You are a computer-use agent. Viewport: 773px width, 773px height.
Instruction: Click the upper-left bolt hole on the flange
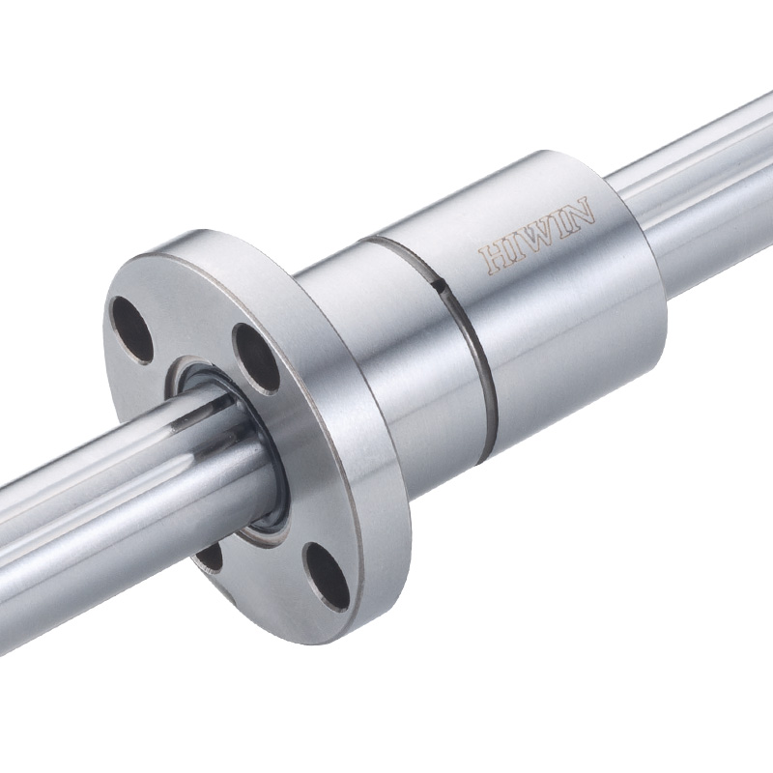pos(130,329)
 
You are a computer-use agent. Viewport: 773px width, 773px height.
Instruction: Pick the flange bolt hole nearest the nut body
pos(256,358)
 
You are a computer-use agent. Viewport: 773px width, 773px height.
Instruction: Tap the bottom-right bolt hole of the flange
pos(326,576)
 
